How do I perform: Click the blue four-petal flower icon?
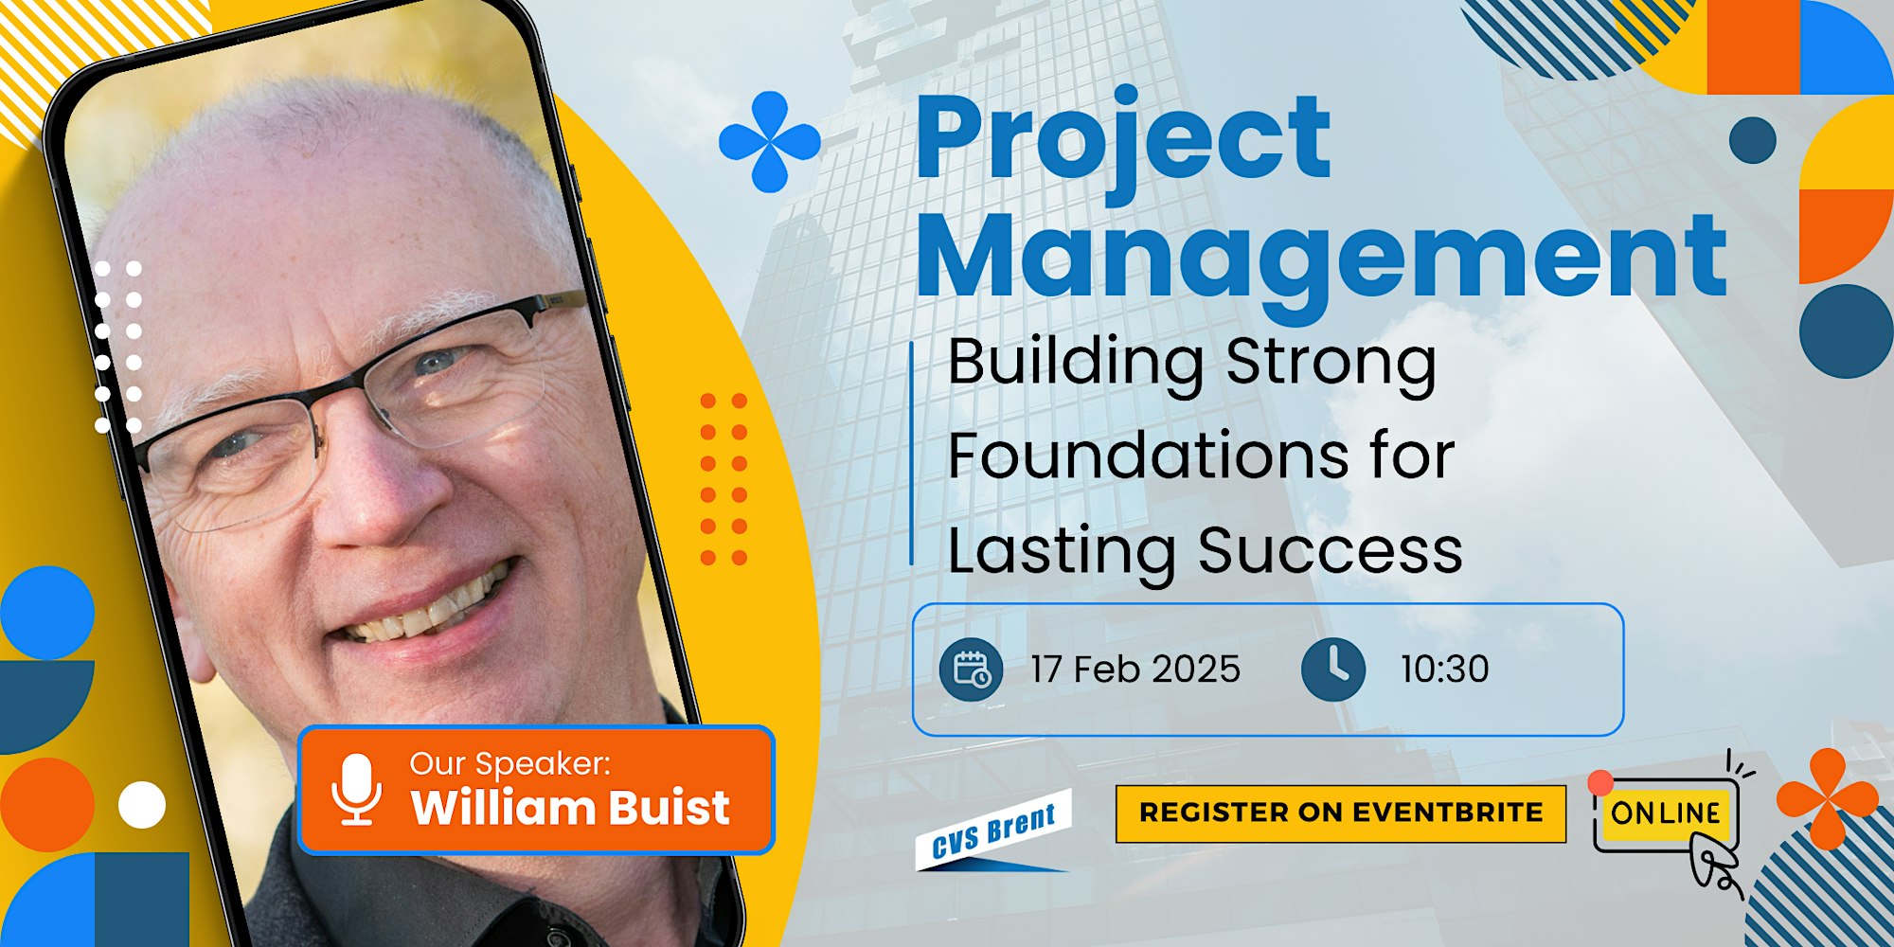(770, 142)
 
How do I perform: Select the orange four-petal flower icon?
(1828, 798)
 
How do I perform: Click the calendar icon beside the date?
(971, 670)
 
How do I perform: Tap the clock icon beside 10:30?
(1333, 670)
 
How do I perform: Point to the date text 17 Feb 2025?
(1135, 670)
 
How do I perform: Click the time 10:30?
(1445, 670)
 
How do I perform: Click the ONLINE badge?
(1666, 813)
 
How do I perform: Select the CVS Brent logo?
(994, 830)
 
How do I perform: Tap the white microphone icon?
(357, 789)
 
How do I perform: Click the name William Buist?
(570, 808)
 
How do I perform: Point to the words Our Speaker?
(510, 763)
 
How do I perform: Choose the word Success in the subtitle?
(1331, 550)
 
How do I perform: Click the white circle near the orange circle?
(142, 805)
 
